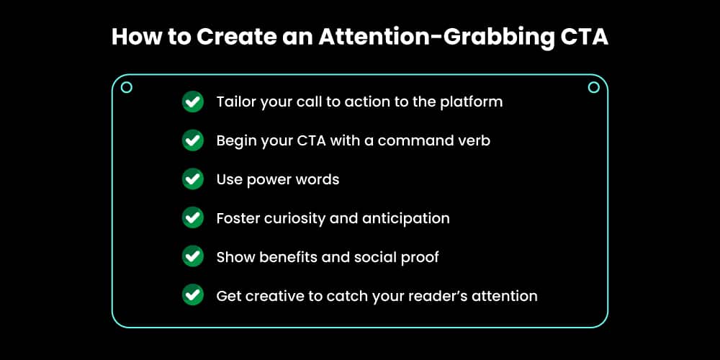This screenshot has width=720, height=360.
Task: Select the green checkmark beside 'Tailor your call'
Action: point(192,102)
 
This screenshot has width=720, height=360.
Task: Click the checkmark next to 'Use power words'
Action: point(192,179)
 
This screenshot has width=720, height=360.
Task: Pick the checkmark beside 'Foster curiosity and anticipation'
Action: point(192,218)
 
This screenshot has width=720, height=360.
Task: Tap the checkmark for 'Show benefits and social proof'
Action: point(192,257)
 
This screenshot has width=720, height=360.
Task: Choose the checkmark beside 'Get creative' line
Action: point(192,295)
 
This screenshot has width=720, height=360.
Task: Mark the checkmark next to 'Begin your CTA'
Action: point(192,140)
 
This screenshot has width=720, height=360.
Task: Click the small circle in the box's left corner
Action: point(127,87)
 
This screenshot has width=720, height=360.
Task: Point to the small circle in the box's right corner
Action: point(593,87)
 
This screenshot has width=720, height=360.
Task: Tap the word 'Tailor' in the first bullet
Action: point(236,102)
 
